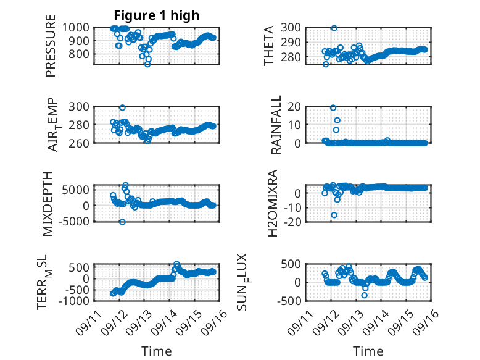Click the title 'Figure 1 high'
coord(157,15)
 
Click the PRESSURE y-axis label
coord(51,46)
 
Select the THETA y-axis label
coord(269,46)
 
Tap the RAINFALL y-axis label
coord(276,125)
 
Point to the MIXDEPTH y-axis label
coord(48,204)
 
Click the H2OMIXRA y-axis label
coord(273,203)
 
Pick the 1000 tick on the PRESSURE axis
coord(76,28)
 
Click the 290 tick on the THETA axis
coord(291,42)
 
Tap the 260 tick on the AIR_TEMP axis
coord(79,143)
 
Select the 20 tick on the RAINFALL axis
coord(294,107)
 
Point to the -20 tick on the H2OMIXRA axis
coord(292,222)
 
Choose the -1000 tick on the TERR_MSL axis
coord(74,301)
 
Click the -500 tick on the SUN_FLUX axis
coord(289,301)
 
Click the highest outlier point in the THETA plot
coord(334,28)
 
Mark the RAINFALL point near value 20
coord(333,108)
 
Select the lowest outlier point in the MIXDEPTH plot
coord(122,222)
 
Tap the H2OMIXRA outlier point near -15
coord(334,215)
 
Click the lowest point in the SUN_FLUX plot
coord(364,295)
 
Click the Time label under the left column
coord(157,351)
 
